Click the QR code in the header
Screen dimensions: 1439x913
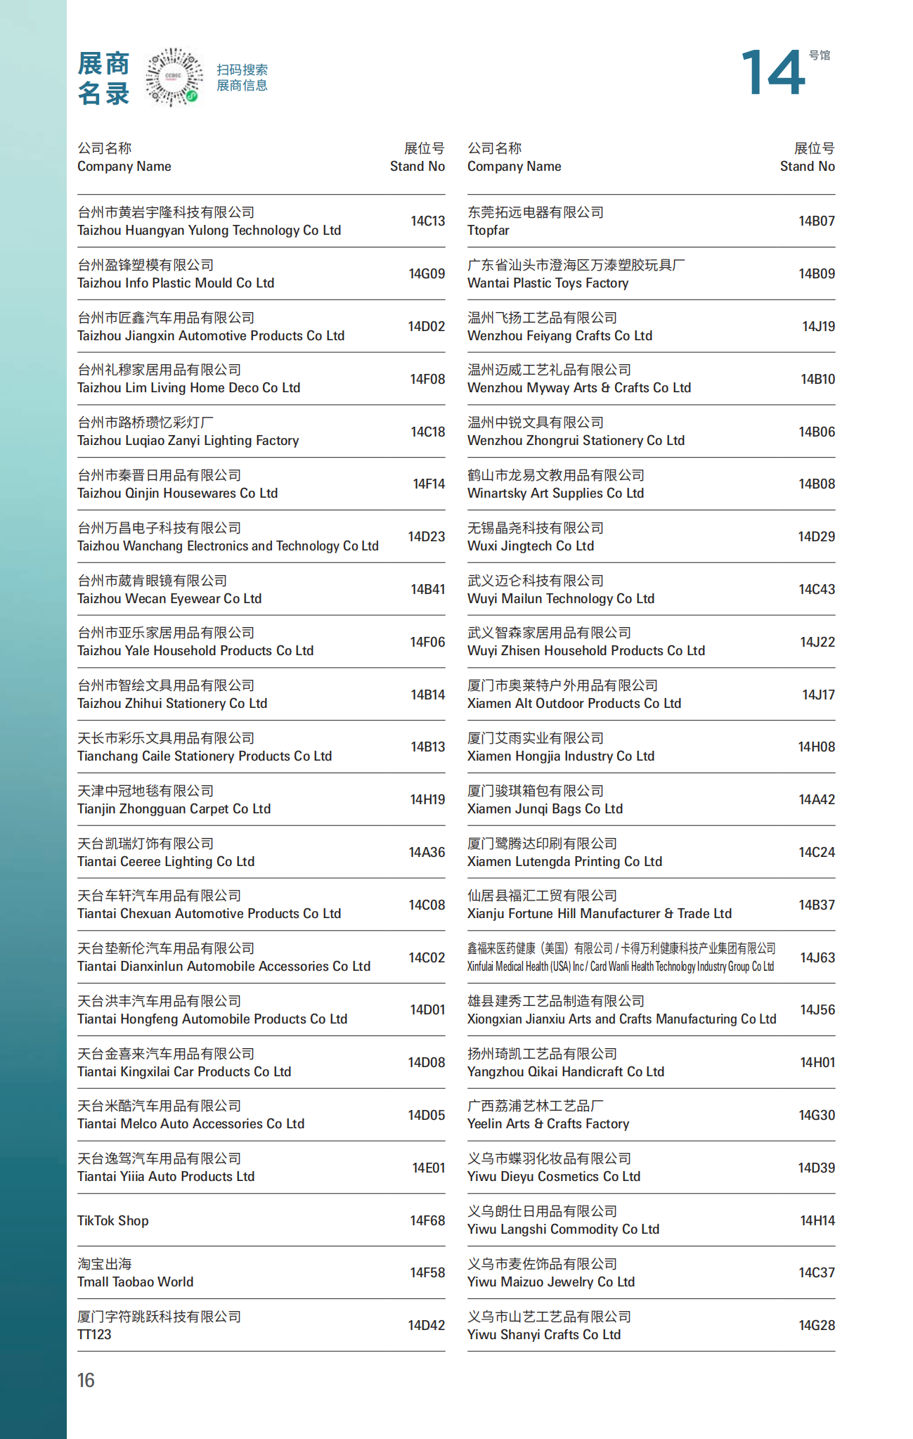coord(173,77)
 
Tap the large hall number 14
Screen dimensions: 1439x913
coord(772,73)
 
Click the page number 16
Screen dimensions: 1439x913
coord(86,1380)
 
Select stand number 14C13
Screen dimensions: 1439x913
coord(427,221)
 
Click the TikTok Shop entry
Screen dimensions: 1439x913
coord(113,1220)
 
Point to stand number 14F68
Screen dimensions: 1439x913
coord(427,1220)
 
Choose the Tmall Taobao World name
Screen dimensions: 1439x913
coord(135,1282)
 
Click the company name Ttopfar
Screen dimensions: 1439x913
coord(488,231)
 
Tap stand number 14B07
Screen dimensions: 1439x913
coord(816,221)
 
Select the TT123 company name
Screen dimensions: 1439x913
coord(94,1334)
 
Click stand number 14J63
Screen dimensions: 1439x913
coord(817,957)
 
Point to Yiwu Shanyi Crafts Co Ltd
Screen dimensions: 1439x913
coord(543,1334)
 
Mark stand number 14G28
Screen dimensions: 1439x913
coord(816,1325)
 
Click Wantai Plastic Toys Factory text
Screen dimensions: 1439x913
coord(548,283)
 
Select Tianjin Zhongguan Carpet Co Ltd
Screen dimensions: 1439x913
coord(174,808)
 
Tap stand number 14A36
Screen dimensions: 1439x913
coord(427,852)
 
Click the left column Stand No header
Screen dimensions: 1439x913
coord(417,167)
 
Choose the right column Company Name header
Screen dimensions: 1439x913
coord(514,167)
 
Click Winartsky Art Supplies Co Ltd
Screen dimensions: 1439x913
coord(555,493)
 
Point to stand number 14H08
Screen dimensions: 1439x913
coord(816,747)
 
